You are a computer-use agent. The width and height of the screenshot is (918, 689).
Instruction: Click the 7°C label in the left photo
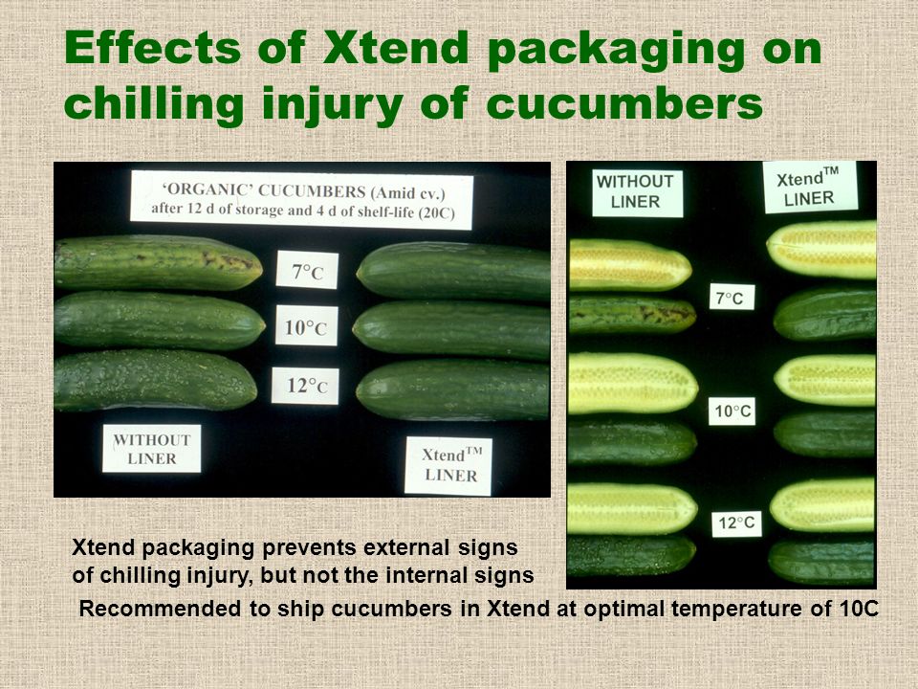click(307, 270)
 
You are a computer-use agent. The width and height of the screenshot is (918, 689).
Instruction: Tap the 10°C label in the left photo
click(306, 325)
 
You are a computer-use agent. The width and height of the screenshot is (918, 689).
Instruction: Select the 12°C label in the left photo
click(305, 386)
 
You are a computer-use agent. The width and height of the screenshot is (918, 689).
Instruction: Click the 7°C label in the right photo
click(732, 297)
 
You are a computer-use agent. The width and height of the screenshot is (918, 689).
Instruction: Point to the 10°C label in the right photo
click(732, 411)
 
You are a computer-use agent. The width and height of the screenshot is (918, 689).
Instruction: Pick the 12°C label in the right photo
click(736, 523)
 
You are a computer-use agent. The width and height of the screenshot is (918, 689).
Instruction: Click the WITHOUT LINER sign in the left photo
click(152, 448)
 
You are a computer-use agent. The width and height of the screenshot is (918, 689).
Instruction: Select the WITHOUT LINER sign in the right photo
click(637, 192)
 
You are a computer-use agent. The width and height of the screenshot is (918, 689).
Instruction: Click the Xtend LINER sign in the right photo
click(810, 187)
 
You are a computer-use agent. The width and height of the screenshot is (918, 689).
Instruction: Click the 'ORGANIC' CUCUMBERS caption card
click(301, 200)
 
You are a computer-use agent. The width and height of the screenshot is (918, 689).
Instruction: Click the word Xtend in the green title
click(396, 48)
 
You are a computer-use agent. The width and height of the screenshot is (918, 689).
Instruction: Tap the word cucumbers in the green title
click(624, 103)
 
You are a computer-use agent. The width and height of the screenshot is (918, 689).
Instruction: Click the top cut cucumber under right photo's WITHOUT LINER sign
click(630, 265)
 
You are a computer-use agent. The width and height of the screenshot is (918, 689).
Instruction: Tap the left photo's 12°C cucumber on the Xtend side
click(452, 389)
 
